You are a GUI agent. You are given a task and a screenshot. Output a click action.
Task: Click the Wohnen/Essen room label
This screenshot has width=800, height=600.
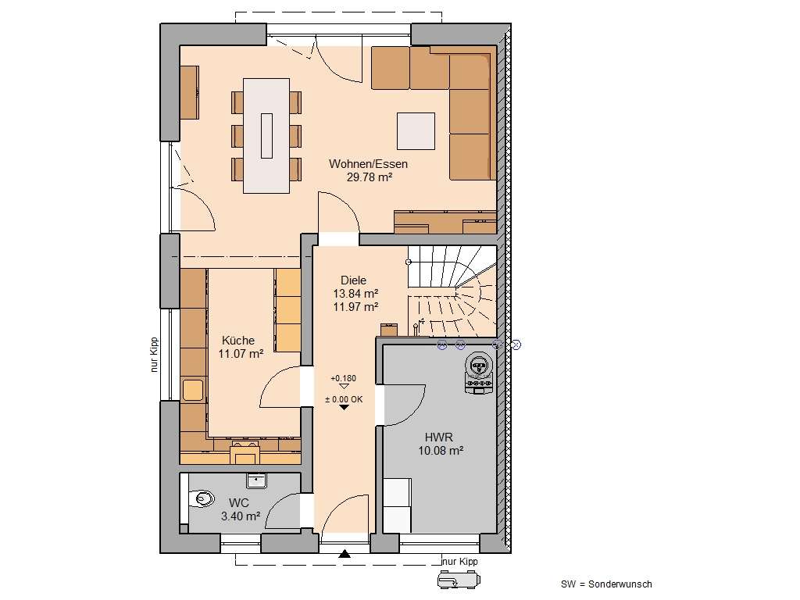coord(368,164)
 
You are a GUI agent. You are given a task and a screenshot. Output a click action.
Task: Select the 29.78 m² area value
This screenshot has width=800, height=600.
coord(369,177)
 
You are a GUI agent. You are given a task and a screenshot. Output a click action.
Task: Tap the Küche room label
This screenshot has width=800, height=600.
coord(237,341)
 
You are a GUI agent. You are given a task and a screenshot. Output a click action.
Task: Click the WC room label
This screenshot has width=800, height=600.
coord(238,503)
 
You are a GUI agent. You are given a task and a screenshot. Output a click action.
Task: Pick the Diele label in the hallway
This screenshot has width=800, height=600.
coord(353,280)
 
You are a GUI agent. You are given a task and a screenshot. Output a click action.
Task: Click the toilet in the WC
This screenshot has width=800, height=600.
coord(202,497)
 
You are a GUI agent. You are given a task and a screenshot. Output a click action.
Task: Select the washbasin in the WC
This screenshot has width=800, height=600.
coord(256,480)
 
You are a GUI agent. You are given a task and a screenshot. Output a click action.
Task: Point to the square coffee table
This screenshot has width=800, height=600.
coord(416,130)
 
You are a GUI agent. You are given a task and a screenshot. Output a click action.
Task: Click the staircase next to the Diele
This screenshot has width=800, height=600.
coord(452,288)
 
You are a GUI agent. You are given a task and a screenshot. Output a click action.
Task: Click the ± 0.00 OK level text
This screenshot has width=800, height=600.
coord(344,399)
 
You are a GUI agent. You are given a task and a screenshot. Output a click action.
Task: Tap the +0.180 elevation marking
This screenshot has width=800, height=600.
coord(343,379)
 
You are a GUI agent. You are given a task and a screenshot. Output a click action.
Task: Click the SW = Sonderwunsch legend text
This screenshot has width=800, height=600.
coord(605,584)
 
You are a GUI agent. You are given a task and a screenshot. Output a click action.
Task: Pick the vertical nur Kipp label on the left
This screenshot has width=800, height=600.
coord(155,355)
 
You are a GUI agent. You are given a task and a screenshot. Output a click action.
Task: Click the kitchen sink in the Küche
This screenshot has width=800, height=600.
coord(192,389)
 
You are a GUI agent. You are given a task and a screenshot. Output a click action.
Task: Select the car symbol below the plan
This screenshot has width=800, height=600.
coord(456,580)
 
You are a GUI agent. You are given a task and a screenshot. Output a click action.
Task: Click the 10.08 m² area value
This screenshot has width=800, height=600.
coord(441,451)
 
